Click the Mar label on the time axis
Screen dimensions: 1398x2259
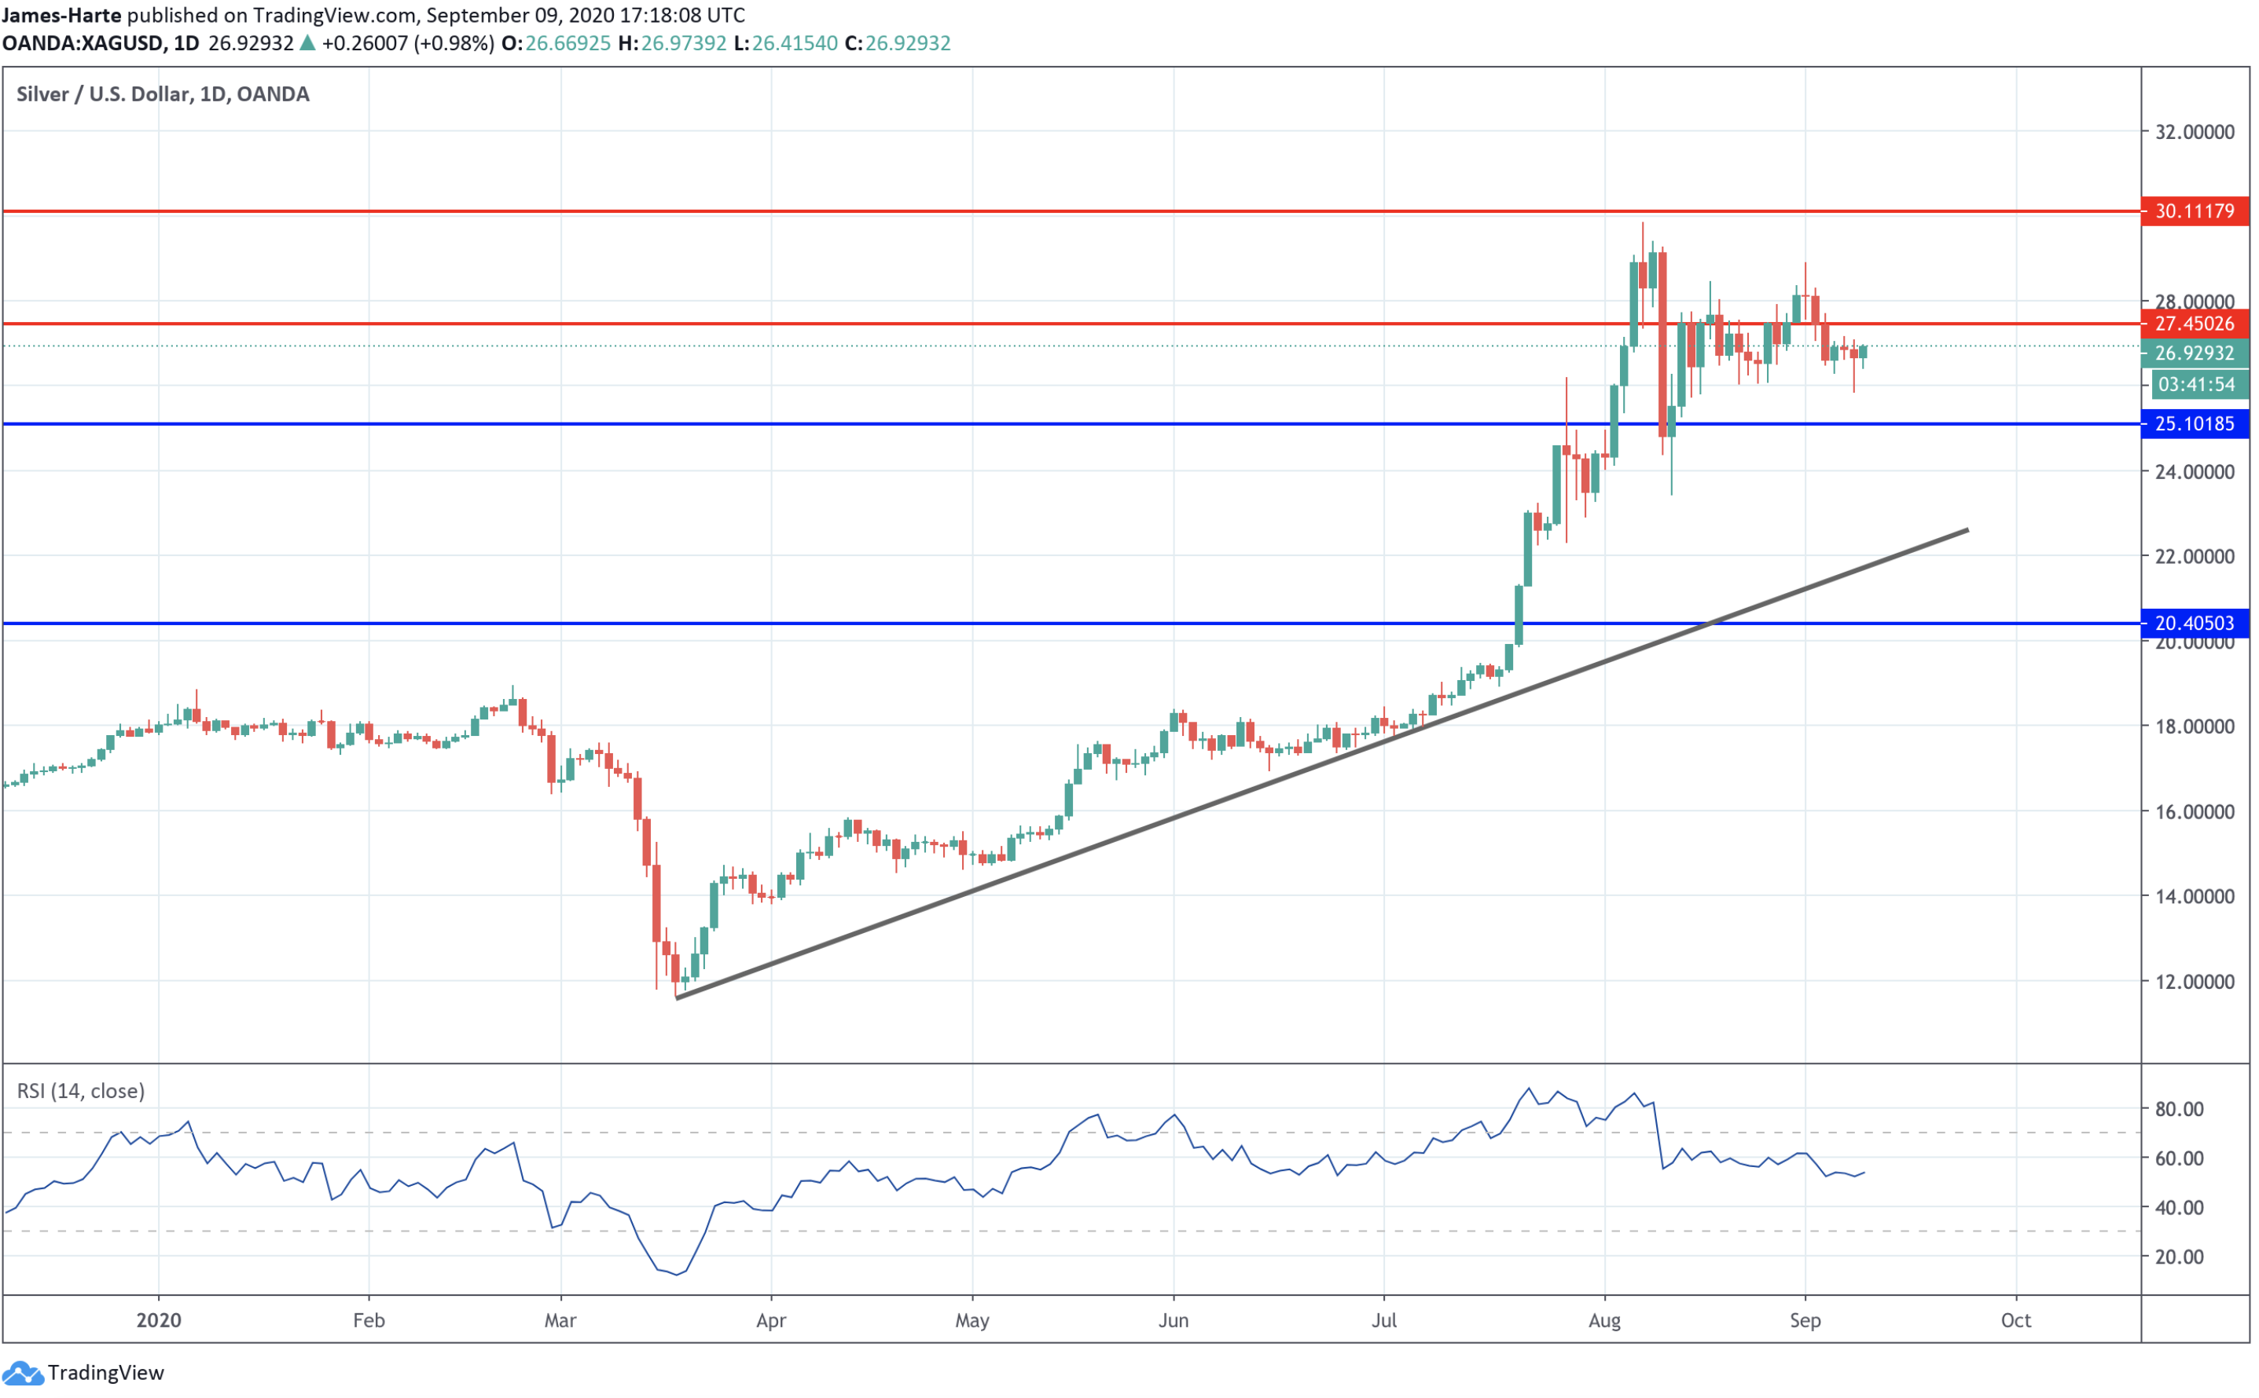(x=560, y=1320)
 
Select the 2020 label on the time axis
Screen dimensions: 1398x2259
(x=158, y=1320)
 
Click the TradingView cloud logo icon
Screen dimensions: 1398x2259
(x=22, y=1373)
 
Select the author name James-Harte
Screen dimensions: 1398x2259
(x=61, y=15)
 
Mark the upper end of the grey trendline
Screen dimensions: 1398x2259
(x=1967, y=530)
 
